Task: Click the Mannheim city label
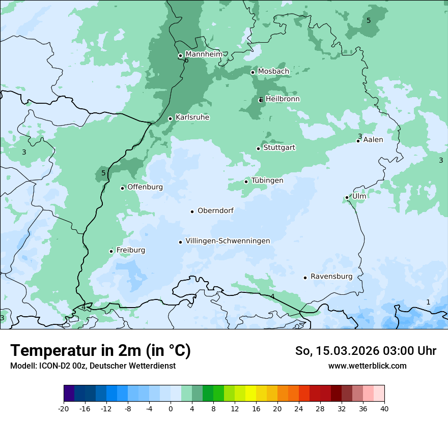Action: tap(204, 54)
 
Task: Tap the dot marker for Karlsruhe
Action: tap(171, 118)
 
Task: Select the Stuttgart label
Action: tap(279, 147)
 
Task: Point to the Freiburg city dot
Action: tap(111, 251)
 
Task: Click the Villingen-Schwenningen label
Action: tap(228, 241)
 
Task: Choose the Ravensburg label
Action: tap(331, 277)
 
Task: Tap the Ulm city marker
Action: tap(347, 197)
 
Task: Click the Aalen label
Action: tap(373, 139)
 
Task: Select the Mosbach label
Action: tap(273, 71)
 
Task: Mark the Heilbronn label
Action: tap(283, 99)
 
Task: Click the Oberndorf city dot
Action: tap(192, 212)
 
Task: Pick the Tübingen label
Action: tap(267, 180)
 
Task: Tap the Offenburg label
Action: tap(145, 187)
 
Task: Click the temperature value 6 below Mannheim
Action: tap(186, 61)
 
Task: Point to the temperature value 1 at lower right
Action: tap(428, 302)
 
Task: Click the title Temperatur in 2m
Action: tap(100, 350)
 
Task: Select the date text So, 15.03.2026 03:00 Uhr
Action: tap(366, 351)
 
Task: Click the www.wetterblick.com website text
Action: tap(367, 366)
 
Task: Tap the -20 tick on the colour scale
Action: tap(64, 409)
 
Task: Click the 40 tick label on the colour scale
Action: tap(384, 409)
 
